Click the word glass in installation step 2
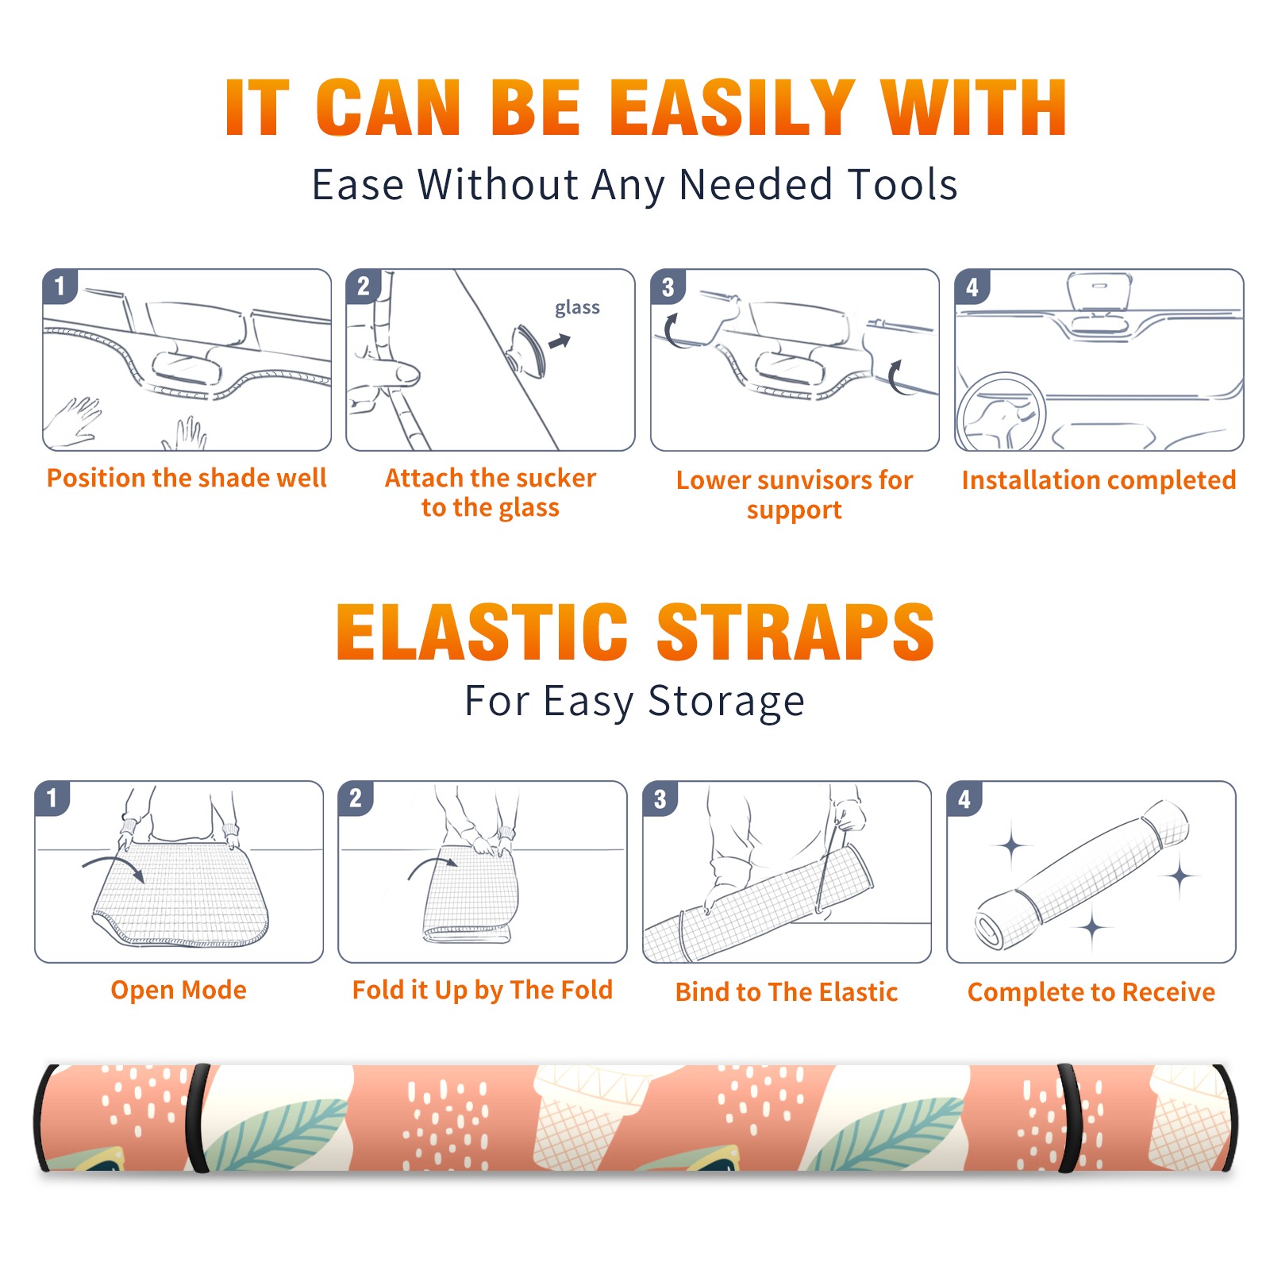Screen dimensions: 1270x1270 577,308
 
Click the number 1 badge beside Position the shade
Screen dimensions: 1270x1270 60,286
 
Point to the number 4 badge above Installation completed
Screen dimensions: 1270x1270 972,287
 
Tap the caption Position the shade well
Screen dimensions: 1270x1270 187,478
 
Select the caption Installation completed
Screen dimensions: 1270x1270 1099,480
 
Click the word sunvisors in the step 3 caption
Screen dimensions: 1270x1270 804,480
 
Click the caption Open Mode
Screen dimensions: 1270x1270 179,990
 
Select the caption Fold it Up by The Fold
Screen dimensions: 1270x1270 483,990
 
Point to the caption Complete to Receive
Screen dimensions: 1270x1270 1091,992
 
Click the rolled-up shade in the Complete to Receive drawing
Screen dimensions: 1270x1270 1082,876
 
